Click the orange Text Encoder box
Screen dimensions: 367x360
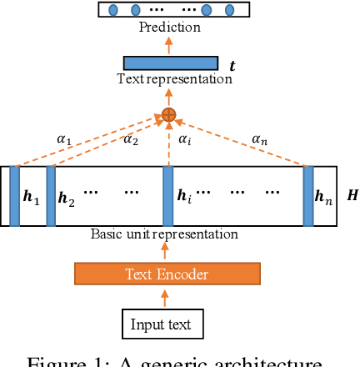[167, 274]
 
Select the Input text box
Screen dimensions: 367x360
[162, 324]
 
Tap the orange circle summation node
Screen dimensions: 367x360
[168, 114]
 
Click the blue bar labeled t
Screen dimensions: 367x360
[170, 63]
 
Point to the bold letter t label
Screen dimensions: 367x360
[232, 65]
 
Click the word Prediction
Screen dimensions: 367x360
[169, 28]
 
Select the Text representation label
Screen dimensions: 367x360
[174, 79]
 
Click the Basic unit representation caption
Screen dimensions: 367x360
[164, 234]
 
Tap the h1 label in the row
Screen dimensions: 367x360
[31, 197]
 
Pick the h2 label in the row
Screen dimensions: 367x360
[66, 199]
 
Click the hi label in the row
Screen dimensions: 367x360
[184, 197]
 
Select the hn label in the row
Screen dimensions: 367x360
[323, 198]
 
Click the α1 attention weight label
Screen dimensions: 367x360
[63, 139]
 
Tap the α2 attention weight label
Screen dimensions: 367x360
[131, 139]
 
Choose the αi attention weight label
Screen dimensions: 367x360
[185, 139]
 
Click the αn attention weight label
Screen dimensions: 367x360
[261, 139]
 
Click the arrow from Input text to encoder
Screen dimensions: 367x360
[164, 299]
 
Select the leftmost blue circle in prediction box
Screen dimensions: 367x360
[113, 10]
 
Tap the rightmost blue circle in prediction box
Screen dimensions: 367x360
[227, 10]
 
